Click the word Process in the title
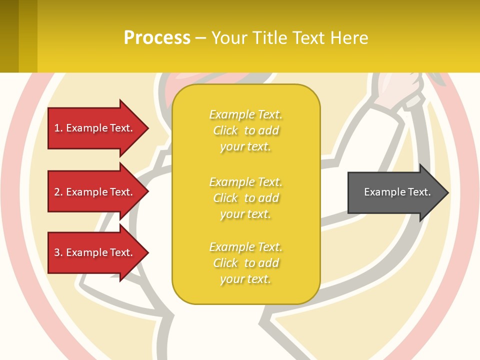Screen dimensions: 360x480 (x=157, y=38)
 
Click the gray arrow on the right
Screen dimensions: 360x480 (x=395, y=192)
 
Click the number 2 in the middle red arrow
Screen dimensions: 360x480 (x=57, y=192)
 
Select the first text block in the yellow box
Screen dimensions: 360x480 (x=245, y=130)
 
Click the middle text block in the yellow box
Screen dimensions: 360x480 (x=245, y=198)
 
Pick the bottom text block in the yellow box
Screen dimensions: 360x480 (x=245, y=263)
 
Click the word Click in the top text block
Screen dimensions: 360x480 (x=225, y=130)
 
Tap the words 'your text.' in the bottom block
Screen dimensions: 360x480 (x=245, y=279)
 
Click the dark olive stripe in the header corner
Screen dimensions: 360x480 (x=9, y=36)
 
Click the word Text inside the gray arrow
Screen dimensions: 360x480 (x=419, y=192)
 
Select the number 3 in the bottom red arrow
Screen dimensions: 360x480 (x=57, y=252)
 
